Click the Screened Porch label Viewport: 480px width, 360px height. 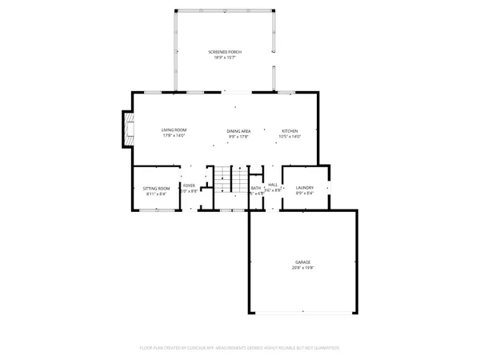click(228, 52)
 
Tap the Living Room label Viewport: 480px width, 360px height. click(174, 130)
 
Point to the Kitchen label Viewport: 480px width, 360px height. click(289, 130)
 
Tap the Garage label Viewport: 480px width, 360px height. click(302, 262)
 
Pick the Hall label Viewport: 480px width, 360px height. click(273, 185)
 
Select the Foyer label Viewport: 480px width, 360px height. click(189, 186)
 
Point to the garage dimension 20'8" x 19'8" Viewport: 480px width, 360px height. click(302, 269)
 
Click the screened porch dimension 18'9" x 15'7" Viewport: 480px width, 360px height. click(228, 58)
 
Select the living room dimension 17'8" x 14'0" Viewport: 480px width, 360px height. click(174, 136)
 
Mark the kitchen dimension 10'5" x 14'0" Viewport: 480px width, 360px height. click(289, 136)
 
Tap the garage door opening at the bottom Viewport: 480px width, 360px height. click(302, 313)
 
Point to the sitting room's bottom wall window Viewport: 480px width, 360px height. click(152, 210)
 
